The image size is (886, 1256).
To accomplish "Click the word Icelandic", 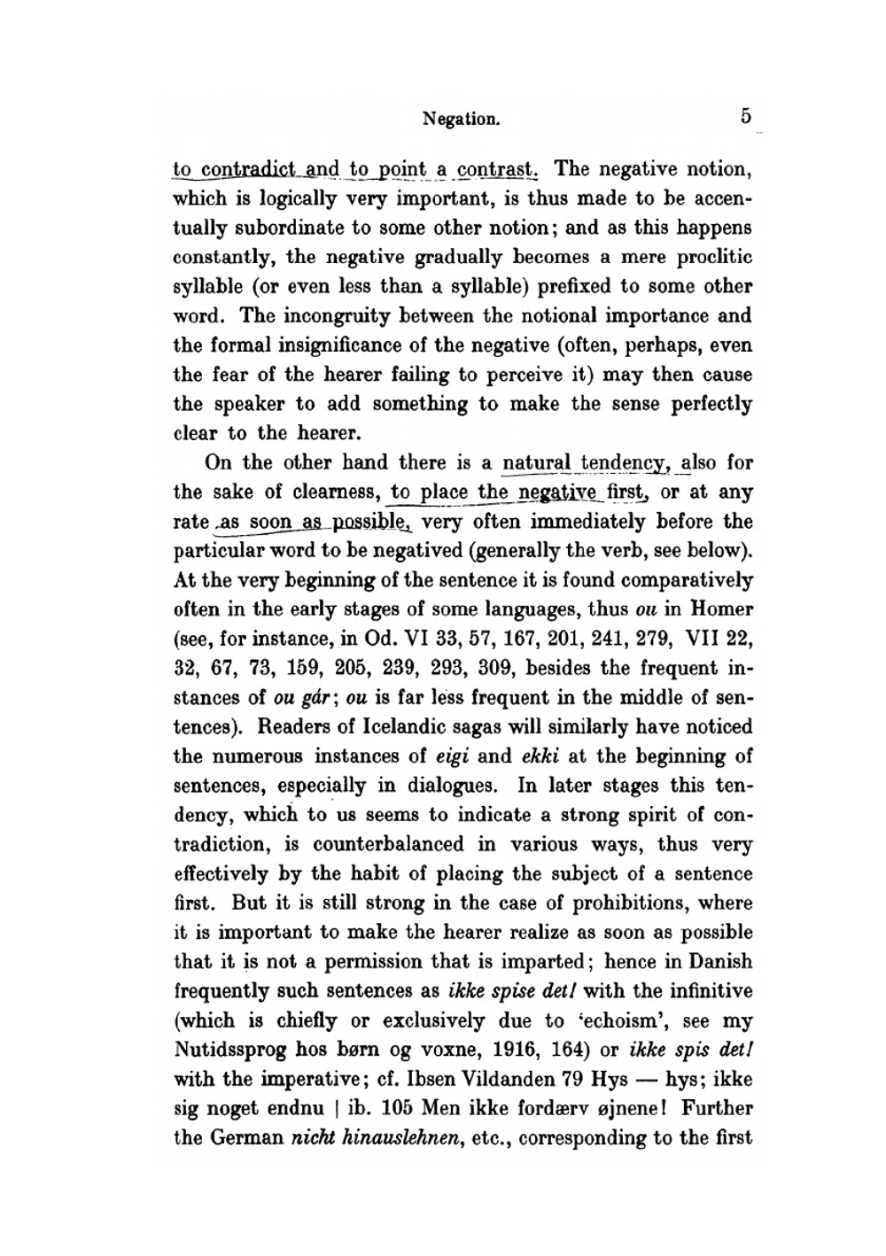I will (408, 727).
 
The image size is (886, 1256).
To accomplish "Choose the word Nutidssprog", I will (225, 1050).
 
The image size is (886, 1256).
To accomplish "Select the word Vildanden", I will (509, 1080).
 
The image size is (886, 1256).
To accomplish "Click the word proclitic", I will (713, 257).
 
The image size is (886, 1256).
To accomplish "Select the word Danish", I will (719, 962).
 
